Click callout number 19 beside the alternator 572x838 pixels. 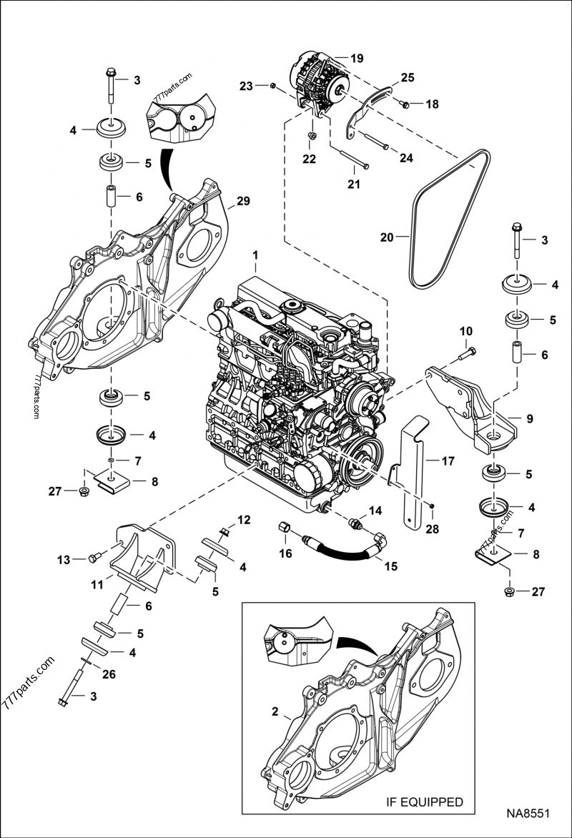coord(357,57)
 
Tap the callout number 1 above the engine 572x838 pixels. coord(255,255)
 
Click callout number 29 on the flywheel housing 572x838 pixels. coord(243,202)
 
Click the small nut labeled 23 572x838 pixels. coord(272,87)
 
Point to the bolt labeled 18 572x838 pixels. coord(404,105)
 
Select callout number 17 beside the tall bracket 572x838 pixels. coord(448,461)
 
